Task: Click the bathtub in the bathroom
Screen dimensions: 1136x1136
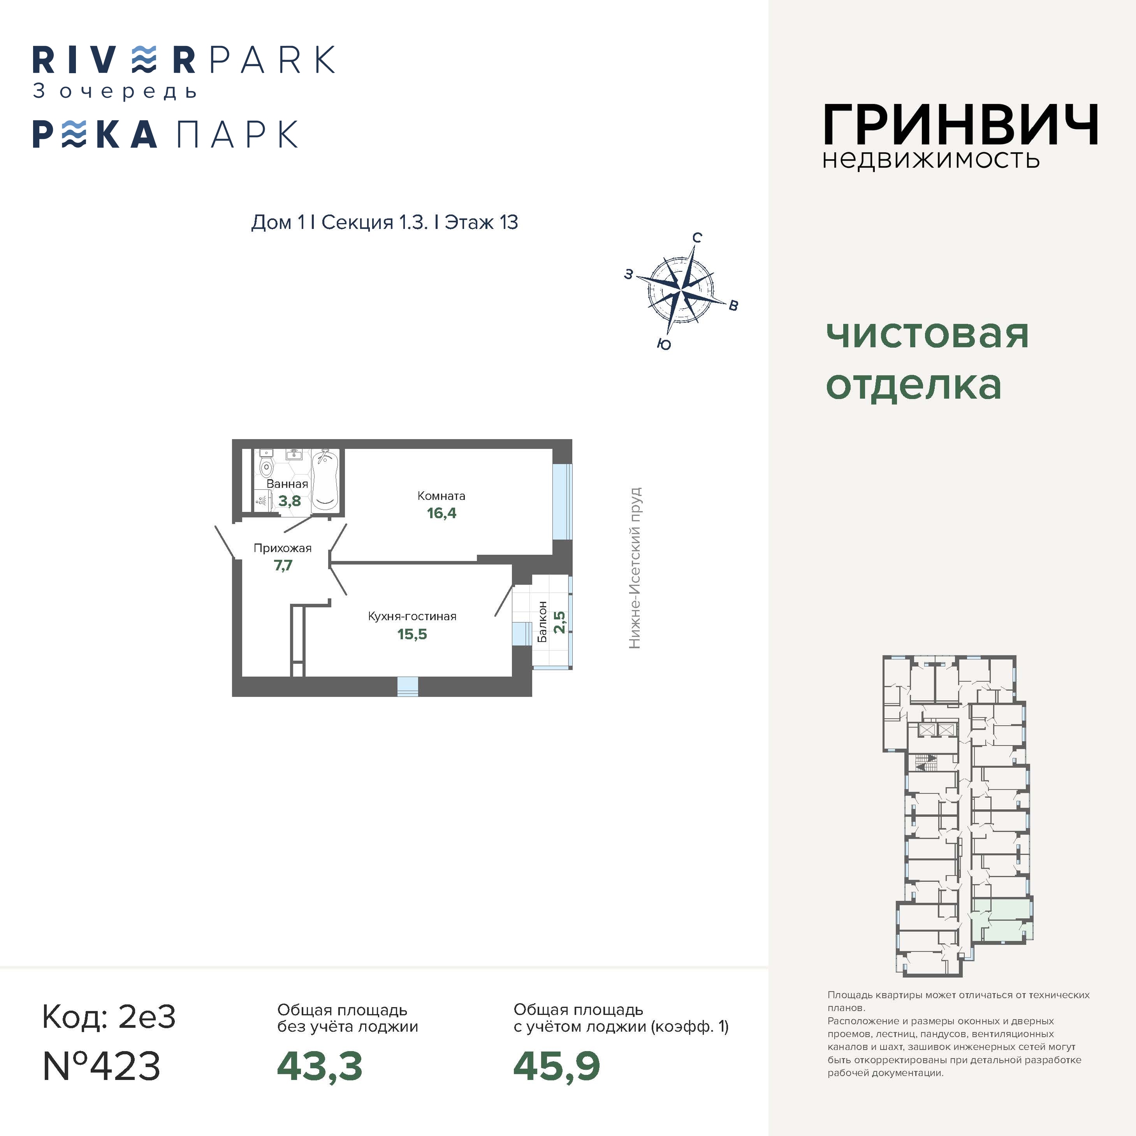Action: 324,480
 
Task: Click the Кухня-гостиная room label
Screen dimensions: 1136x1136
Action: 412,616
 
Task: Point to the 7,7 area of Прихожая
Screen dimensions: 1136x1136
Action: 283,566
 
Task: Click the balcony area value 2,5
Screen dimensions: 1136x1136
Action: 560,622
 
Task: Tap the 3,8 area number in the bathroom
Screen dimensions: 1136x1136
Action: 289,501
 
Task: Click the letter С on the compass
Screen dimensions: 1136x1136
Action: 697,237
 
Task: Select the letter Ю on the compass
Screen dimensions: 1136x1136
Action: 664,344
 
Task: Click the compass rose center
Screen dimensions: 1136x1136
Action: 681,290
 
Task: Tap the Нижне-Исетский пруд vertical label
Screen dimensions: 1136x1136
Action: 635,568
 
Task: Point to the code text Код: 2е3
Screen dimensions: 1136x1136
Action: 109,1016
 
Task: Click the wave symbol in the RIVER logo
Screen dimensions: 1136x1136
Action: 144,60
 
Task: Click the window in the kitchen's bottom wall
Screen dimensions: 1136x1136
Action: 408,686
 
